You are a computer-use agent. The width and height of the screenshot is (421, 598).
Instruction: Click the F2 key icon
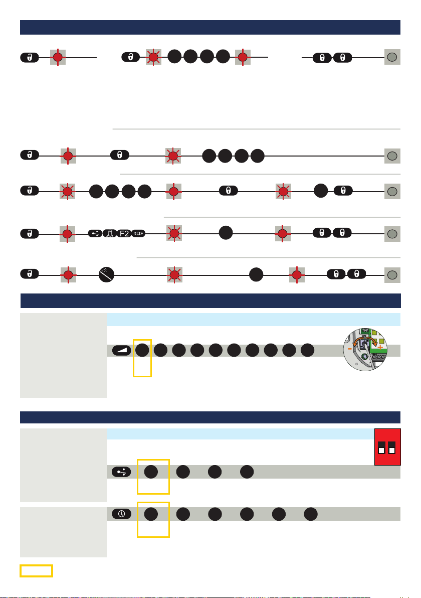pyautogui.click(x=123, y=233)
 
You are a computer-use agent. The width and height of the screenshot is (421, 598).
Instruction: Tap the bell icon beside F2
pyautogui.click(x=109, y=233)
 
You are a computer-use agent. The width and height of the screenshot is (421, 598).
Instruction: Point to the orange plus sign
pyautogui.click(x=380, y=347)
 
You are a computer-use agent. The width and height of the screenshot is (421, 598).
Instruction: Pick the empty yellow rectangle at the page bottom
pyautogui.click(x=36, y=570)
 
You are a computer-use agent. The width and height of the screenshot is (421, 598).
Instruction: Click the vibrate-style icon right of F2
pyautogui.click(x=138, y=233)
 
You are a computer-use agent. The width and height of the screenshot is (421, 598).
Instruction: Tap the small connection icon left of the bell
pyautogui.click(x=95, y=233)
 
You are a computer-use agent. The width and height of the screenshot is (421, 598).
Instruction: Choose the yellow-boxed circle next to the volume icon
pyautogui.click(x=142, y=350)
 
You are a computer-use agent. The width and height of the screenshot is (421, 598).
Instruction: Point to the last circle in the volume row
pyautogui.click(x=308, y=350)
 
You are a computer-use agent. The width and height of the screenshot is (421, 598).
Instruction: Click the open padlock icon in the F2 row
pyautogui.click(x=30, y=233)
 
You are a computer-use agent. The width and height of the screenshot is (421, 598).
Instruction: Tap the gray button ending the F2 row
pyautogui.click(x=392, y=233)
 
